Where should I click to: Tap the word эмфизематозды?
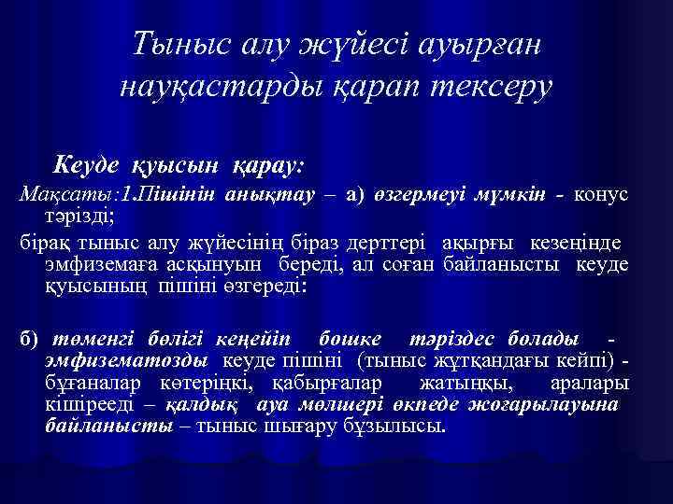pyautogui.click(x=129, y=360)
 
